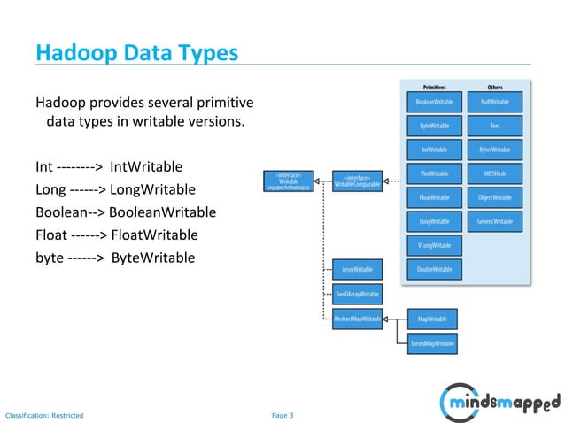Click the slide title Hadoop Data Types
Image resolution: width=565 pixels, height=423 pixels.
136,53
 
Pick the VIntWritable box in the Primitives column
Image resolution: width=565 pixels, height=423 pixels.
434,173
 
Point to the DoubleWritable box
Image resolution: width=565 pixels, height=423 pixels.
434,269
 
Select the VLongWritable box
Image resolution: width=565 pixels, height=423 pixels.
434,245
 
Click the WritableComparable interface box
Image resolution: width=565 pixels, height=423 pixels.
358,180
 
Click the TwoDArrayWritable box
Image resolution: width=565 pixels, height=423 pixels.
357,294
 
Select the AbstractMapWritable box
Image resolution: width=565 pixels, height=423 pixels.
357,319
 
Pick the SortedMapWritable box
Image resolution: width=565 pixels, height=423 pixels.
432,342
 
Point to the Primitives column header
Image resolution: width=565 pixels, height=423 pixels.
434,87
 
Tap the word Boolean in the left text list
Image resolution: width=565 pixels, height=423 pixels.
61,213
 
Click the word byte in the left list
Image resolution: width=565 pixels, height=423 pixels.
50,258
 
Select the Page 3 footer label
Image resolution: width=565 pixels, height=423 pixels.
282,414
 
